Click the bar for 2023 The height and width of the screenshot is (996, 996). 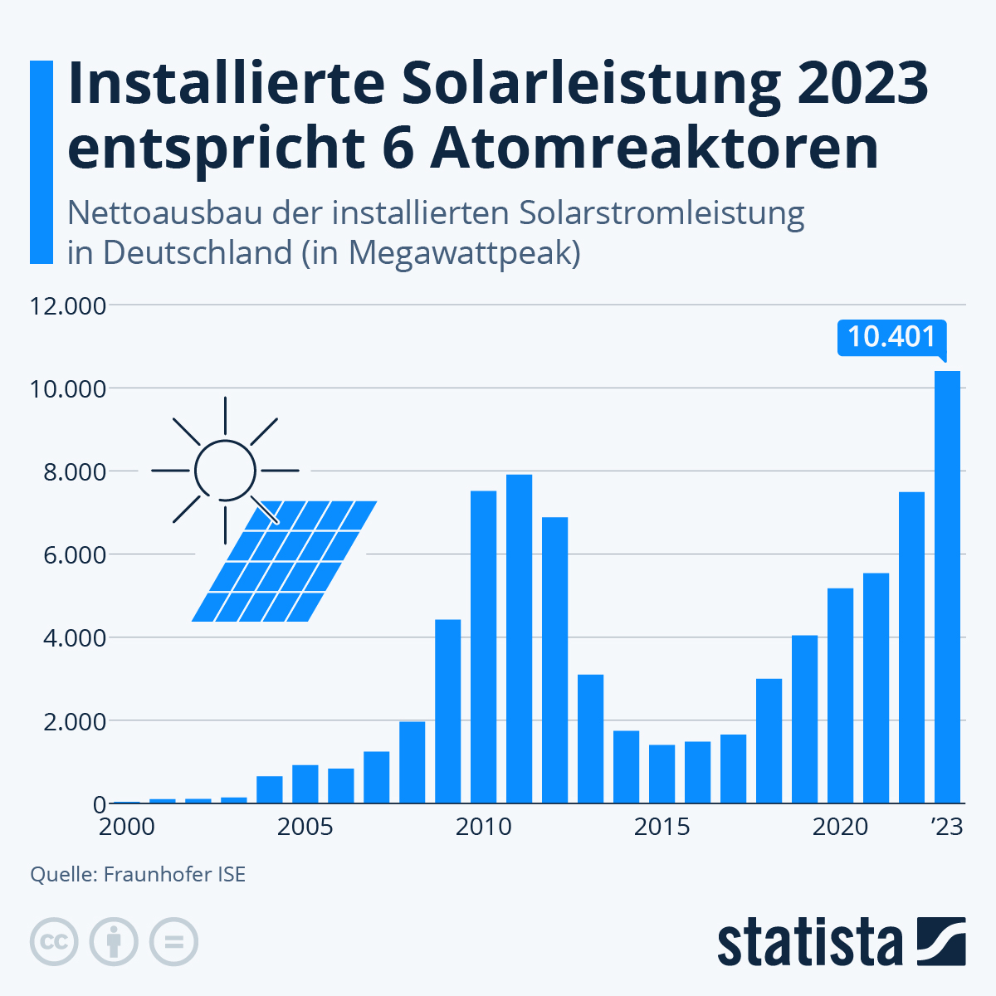click(947, 588)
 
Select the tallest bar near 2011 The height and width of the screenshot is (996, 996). click(519, 639)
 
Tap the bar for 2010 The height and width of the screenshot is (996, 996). click(483, 647)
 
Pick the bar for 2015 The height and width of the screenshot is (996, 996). click(662, 774)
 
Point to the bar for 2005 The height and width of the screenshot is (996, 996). click(305, 784)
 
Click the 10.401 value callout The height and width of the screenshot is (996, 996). click(891, 337)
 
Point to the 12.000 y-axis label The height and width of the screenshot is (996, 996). click(68, 306)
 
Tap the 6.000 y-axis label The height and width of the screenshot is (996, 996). click(68, 555)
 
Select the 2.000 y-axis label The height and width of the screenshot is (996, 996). click(68, 721)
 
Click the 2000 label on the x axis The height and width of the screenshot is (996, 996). click(127, 828)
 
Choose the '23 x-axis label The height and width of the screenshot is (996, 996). click(946, 828)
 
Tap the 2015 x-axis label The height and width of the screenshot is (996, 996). click(662, 828)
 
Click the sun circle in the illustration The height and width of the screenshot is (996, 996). click(225, 471)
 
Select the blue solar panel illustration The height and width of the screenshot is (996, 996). click(284, 561)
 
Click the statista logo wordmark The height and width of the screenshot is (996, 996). click(809, 942)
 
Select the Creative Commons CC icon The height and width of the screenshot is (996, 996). click(54, 942)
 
